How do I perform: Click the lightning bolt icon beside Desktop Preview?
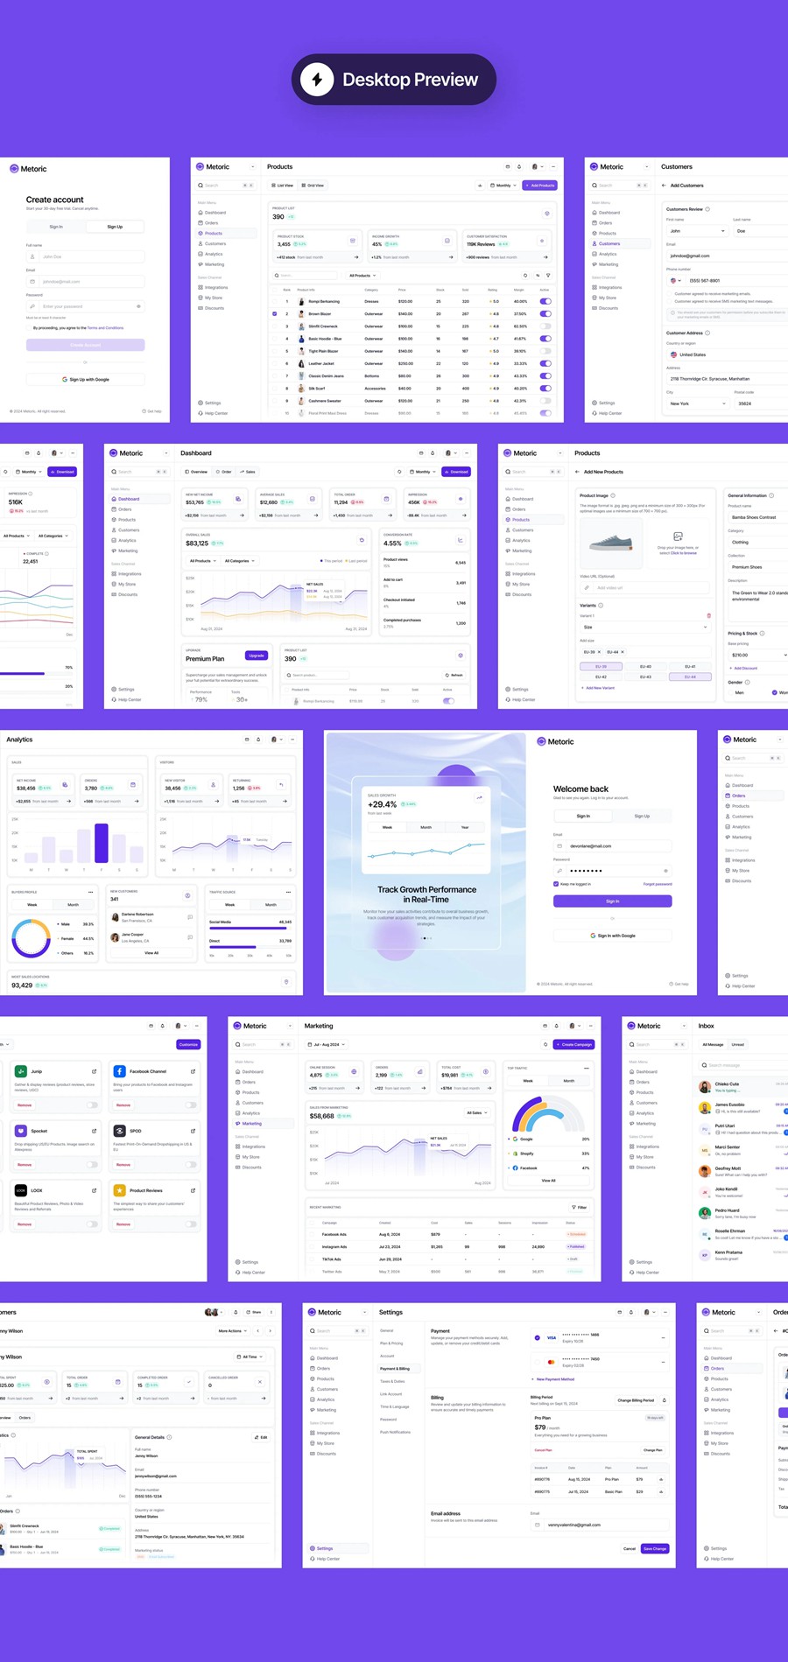coord(317,80)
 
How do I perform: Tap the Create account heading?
coord(55,200)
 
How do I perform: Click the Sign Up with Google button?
coord(85,380)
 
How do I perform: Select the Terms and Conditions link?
coord(105,328)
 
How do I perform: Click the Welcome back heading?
coord(580,789)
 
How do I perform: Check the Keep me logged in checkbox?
coord(556,884)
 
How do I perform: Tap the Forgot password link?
coord(658,884)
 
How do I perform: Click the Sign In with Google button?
coord(612,936)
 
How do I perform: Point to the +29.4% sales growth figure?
coord(383,804)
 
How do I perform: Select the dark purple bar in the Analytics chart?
coord(102,843)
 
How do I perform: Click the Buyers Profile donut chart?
coord(31,938)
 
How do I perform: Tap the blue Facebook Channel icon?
coord(119,1071)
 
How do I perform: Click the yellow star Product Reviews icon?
coord(119,1190)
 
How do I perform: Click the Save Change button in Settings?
coord(655,1548)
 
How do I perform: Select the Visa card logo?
coord(552,1337)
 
